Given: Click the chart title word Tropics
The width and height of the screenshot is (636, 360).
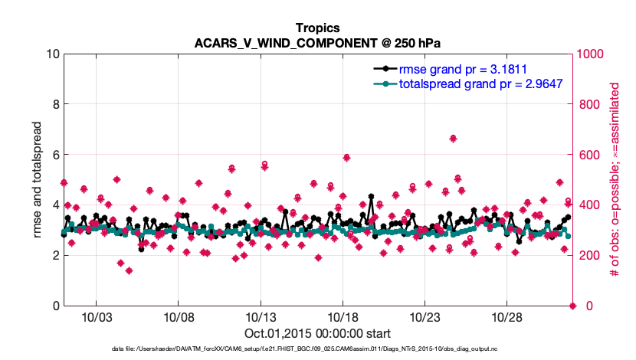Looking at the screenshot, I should tap(318, 28).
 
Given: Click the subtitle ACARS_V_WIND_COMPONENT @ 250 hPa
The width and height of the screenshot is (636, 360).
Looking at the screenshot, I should tap(318, 43).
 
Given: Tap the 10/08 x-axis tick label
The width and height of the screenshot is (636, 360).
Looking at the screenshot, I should tap(178, 317).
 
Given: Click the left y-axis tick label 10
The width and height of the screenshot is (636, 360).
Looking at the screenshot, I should tap(53, 54).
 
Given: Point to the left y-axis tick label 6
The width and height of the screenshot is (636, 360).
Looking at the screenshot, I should tap(56, 155).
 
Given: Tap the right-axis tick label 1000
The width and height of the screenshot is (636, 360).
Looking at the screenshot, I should tap(592, 54).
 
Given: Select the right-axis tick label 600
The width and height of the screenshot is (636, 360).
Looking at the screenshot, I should tap(588, 155).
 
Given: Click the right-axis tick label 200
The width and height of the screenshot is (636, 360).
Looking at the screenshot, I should tap(588, 256).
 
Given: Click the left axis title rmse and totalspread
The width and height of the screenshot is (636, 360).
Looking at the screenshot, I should tap(38, 179).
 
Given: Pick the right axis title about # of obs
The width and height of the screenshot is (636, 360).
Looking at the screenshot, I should tap(615, 179).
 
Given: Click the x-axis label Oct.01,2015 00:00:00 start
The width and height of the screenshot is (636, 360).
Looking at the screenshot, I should tap(318, 333).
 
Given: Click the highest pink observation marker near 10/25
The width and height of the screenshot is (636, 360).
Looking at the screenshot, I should tap(454, 139).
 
